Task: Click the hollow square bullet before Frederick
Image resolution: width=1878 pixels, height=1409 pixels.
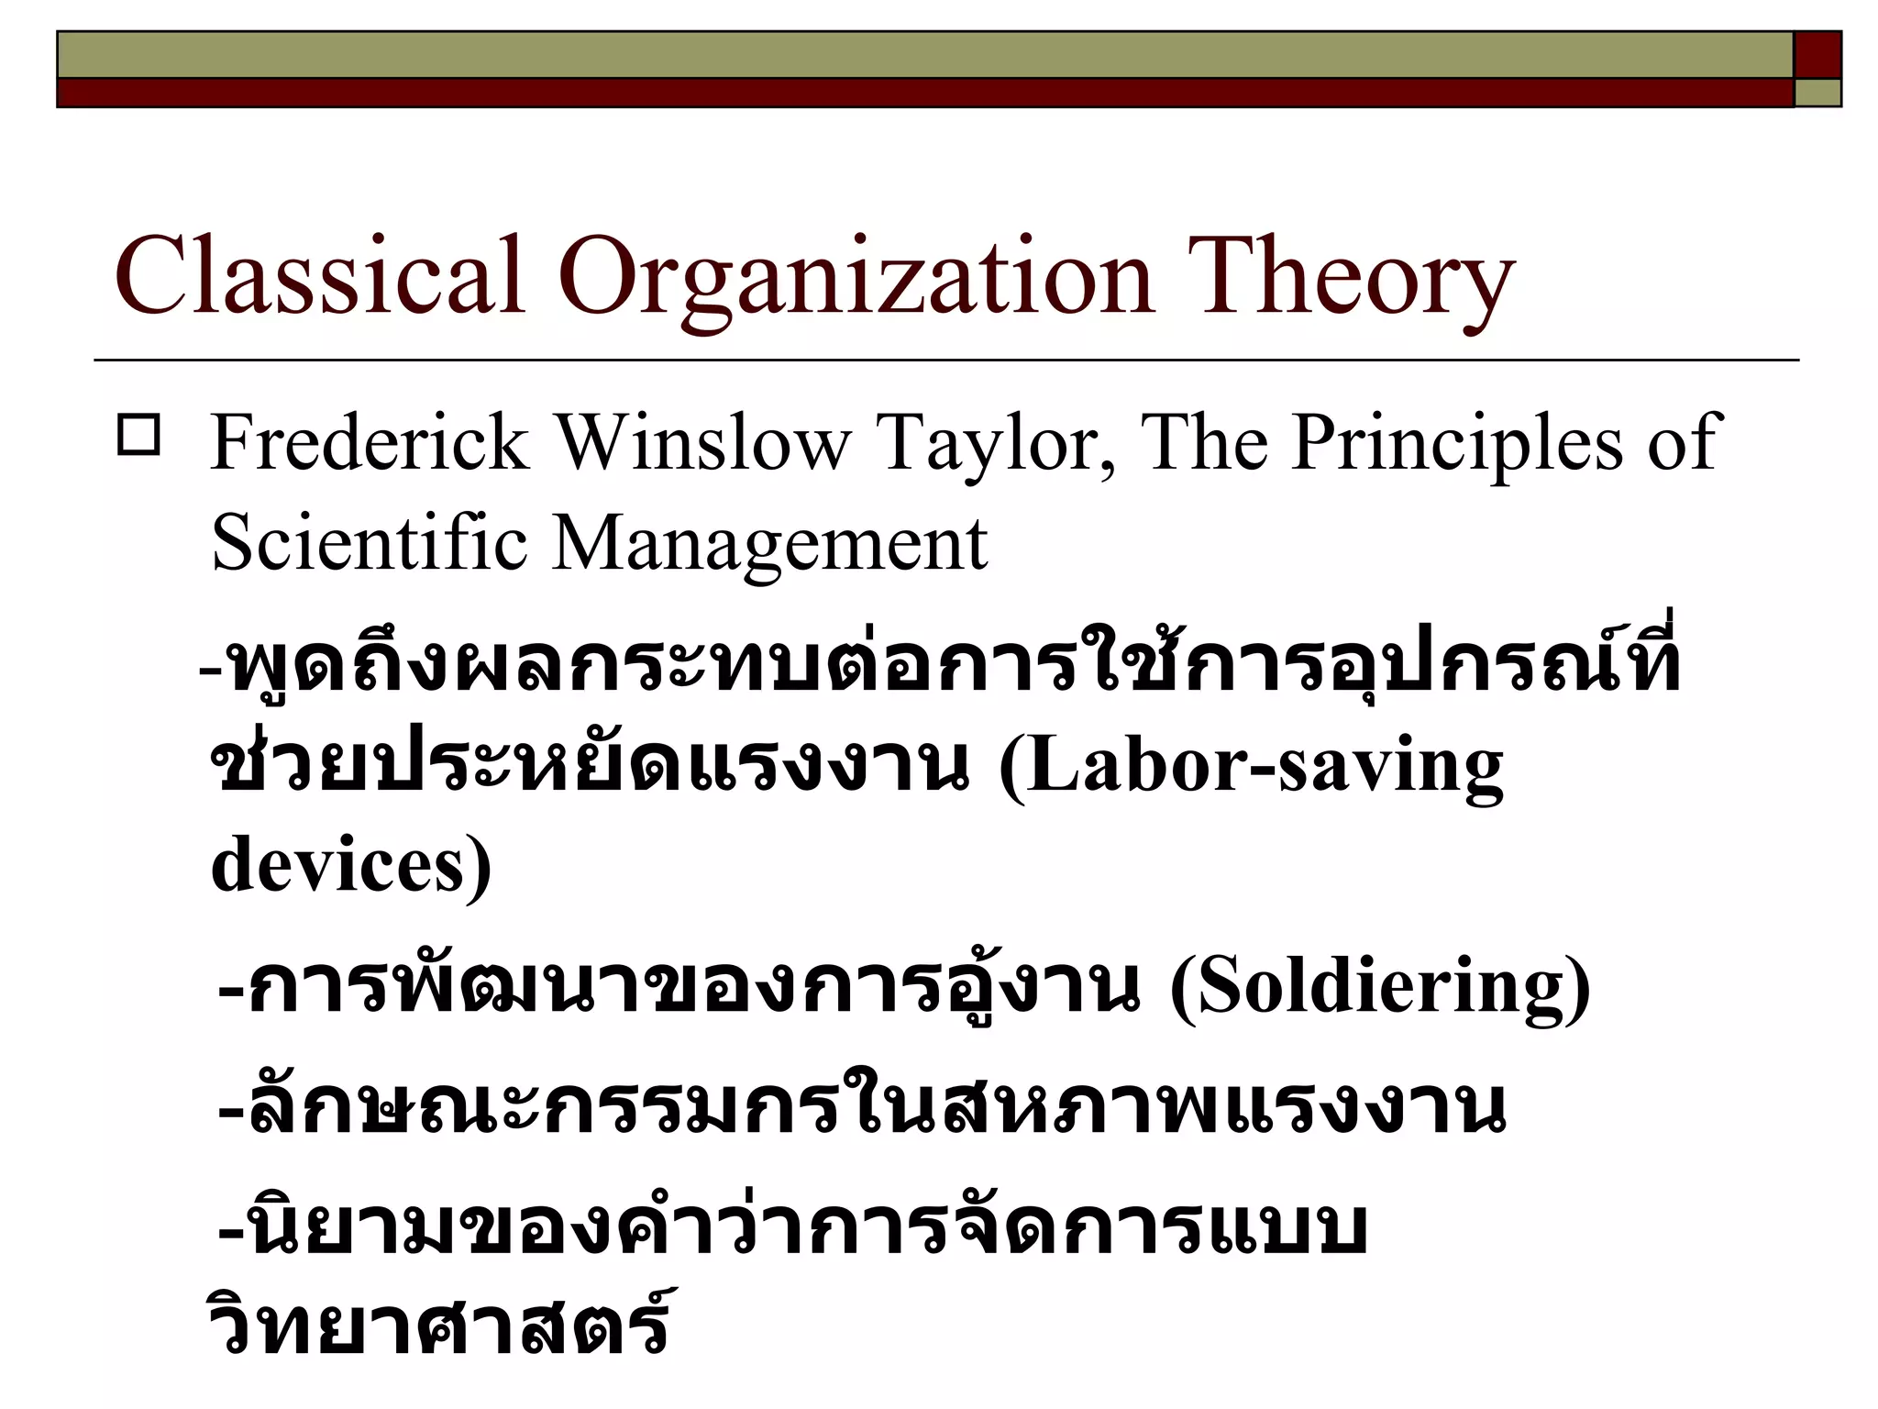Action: click(x=138, y=436)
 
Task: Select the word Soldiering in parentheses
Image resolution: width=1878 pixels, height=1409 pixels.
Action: click(x=1379, y=987)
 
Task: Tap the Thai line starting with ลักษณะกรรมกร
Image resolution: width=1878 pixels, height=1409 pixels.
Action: click(x=862, y=1106)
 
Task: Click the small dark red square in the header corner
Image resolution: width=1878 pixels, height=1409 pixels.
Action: click(x=1817, y=55)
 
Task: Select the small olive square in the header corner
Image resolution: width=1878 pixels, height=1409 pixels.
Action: click(x=1817, y=93)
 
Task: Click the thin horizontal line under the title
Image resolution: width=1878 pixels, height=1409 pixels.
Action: click(x=945, y=361)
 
